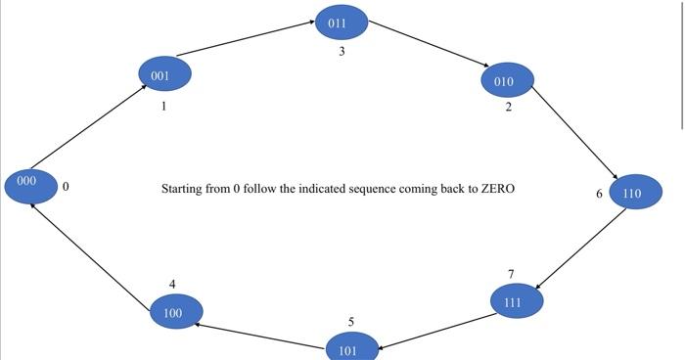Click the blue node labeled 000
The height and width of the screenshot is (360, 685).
30,184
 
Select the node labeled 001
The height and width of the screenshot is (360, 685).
164,74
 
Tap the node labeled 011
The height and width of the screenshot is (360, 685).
342,22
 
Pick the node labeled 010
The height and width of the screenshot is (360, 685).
507,80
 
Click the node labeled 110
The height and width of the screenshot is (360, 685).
635,193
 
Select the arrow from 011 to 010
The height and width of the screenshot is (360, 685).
427,44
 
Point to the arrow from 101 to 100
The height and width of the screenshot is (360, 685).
259,334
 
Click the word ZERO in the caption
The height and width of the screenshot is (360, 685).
497,189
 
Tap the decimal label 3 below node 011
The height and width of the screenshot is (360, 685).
342,52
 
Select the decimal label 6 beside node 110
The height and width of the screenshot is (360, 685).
599,194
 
